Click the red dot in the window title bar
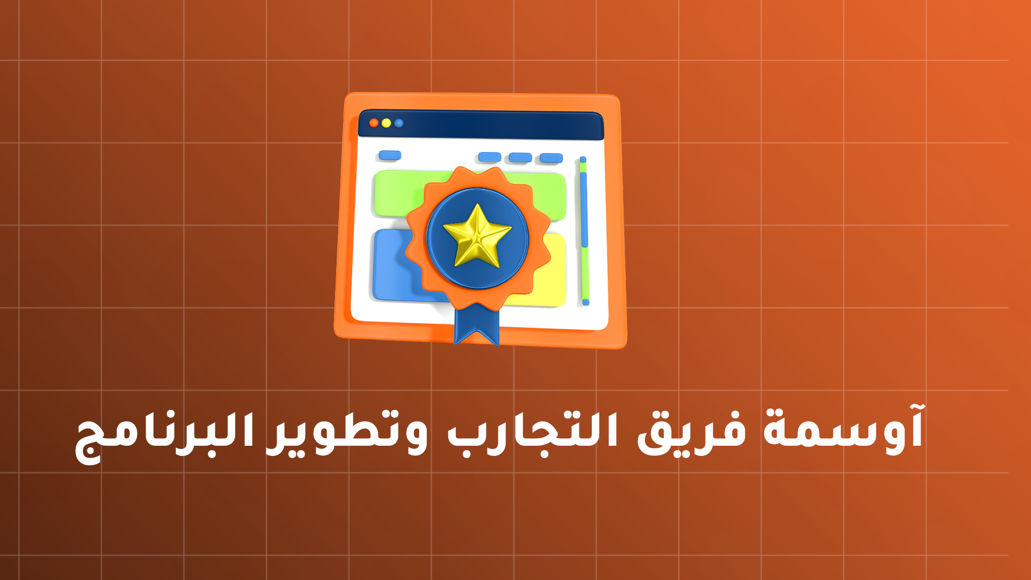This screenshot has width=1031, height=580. [x=374, y=123]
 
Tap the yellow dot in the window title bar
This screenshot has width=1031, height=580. [x=386, y=123]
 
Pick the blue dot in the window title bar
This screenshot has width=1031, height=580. [x=398, y=123]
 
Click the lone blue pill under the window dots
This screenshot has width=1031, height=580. [x=390, y=155]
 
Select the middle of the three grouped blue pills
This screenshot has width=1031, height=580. [x=520, y=157]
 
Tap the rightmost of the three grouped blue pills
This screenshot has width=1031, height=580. [x=551, y=158]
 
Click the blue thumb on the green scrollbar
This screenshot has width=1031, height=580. [x=584, y=209]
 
